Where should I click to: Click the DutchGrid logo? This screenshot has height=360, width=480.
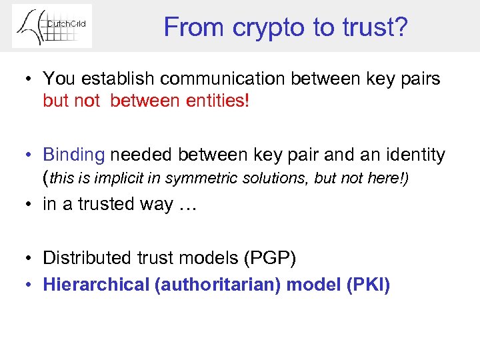[x=52, y=26]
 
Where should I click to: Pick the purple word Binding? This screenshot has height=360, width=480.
[x=74, y=155]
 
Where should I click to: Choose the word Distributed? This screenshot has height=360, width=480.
[x=84, y=258]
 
